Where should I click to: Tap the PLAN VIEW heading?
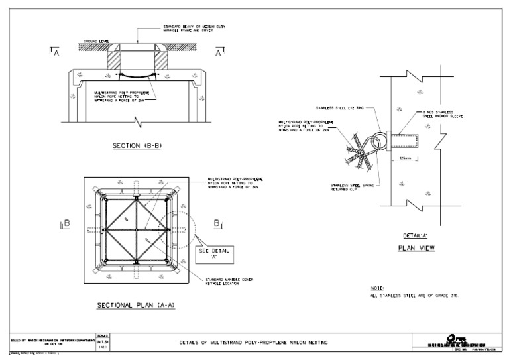[x=412, y=249]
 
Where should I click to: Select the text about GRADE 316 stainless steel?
[x=415, y=297]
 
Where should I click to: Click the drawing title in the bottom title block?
[x=254, y=342]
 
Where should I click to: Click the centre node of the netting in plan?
[x=136, y=230]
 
